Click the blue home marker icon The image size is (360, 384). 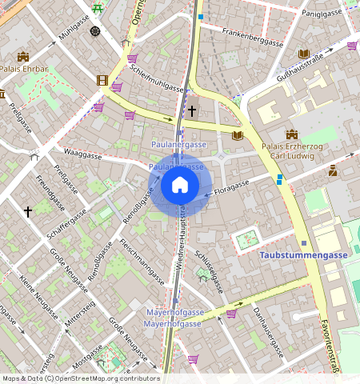coord(180,186)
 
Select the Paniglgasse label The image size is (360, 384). coord(322,14)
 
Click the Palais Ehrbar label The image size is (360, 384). coord(24,69)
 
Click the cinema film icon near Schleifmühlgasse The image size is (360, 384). coord(102,79)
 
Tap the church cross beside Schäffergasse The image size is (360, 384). coord(28,211)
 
